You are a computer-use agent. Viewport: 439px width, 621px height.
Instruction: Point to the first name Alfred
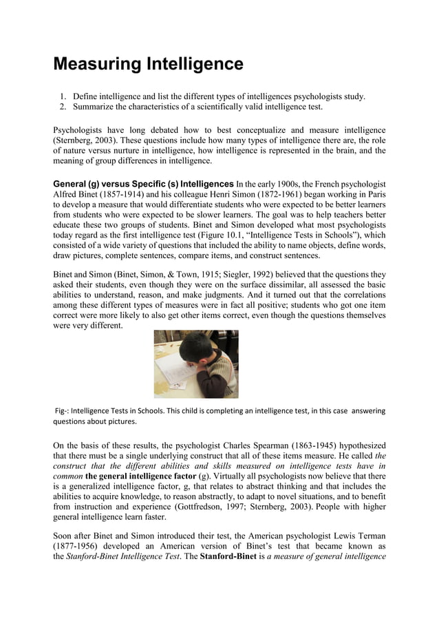(x=67, y=195)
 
